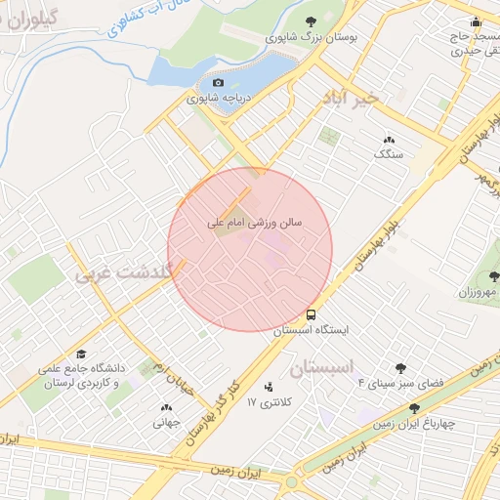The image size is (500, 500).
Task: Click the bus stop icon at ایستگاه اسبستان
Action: [311, 315]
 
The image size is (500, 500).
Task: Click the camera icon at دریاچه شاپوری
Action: [219, 83]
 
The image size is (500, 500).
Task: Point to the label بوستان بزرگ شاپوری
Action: [312, 37]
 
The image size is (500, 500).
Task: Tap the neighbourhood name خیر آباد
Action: [351, 98]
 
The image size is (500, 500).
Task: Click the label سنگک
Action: [387, 154]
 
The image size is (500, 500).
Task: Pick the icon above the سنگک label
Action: [390, 140]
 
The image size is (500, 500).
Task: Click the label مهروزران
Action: [479, 292]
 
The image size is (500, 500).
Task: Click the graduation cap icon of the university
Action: [82, 353]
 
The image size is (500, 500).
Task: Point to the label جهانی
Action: [164, 423]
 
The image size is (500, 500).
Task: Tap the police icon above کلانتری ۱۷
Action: [269, 387]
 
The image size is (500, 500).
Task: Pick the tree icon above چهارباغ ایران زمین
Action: [414, 408]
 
